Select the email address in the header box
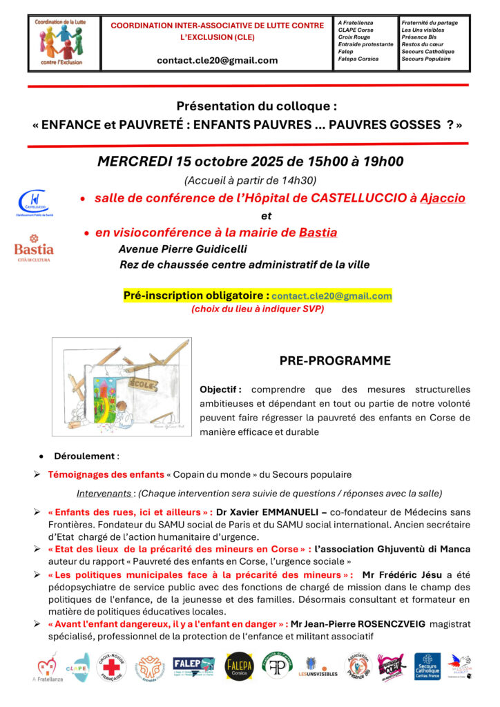[x=217, y=60]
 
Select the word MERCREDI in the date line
[x=134, y=162]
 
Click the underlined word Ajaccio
[x=440, y=198]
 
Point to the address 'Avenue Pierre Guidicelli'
[x=182, y=249]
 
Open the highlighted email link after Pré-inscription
[x=331, y=296]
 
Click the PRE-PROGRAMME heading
[x=335, y=361]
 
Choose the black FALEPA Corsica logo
[x=239, y=666]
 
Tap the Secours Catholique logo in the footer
[x=427, y=666]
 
